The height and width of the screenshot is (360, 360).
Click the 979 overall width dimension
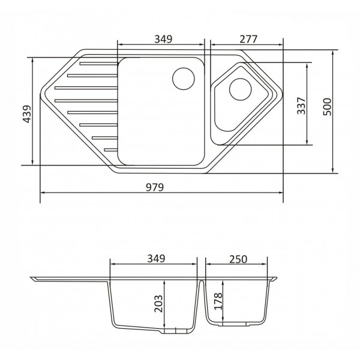155,187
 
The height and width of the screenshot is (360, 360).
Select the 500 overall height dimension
327,107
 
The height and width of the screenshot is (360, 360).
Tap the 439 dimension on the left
27,114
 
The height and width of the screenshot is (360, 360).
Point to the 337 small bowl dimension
301,106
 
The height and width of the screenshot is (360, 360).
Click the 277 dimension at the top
248,39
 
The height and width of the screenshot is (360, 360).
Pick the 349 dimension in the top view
163,39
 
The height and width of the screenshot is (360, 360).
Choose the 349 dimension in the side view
156,259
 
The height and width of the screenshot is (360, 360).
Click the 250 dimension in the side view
238,259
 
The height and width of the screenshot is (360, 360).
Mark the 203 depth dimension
158,304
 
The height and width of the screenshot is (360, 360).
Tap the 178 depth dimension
218,301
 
